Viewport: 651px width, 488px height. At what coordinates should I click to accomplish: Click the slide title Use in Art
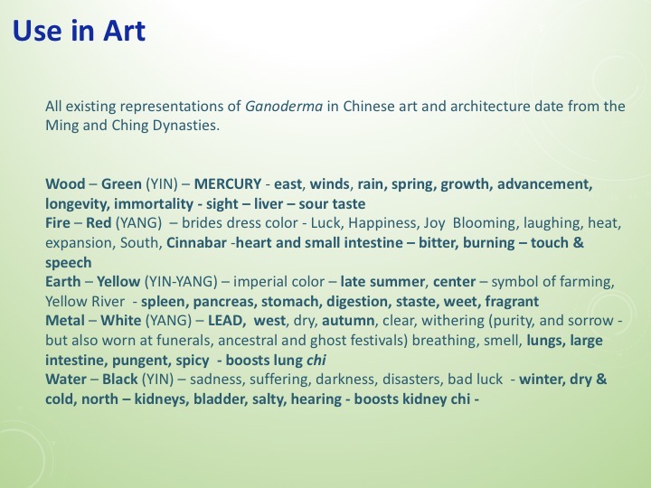coord(80,33)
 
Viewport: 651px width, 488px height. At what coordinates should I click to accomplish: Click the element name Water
coord(67,380)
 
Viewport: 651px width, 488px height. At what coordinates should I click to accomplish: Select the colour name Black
coord(120,380)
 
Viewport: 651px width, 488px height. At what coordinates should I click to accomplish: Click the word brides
coord(204,223)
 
